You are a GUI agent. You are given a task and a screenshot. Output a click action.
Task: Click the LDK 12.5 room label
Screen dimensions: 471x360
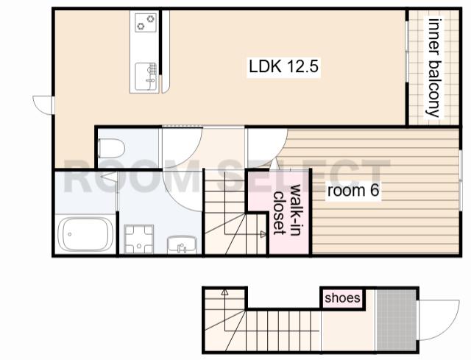tap(283, 66)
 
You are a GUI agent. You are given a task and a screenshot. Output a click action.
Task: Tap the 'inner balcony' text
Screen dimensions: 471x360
tap(433, 68)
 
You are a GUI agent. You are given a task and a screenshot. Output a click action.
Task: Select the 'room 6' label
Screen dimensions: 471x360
tap(353, 191)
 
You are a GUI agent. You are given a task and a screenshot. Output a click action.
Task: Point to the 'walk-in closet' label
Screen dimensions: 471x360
tap(288, 210)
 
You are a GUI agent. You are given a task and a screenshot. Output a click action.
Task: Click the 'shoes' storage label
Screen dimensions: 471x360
tap(342, 298)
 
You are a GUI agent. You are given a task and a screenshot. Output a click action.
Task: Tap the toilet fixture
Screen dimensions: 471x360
tap(111, 148)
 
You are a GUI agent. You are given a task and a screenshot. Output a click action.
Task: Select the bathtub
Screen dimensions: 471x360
tap(85, 234)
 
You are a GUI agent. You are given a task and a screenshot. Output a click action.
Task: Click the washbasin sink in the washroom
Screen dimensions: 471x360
tap(182, 245)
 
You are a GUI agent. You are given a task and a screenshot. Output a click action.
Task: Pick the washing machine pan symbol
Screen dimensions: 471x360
tap(139, 239)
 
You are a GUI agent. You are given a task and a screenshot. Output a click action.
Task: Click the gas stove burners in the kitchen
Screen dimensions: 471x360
tap(146, 23)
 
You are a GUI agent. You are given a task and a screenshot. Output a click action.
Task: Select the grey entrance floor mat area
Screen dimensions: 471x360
tap(396, 320)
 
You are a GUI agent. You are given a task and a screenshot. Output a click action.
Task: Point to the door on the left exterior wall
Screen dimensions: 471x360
tap(44, 105)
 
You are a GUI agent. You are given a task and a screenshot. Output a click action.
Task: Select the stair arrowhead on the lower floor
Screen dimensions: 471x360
tap(224, 292)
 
